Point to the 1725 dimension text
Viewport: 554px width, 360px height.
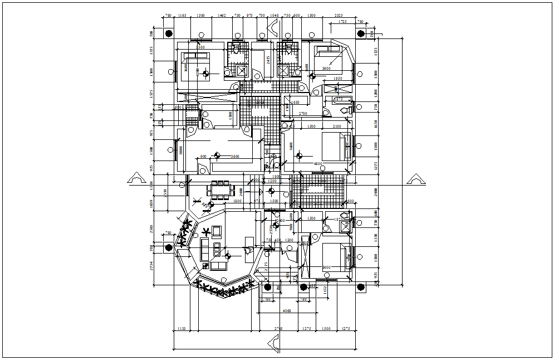point(342,22)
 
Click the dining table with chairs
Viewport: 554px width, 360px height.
point(221,190)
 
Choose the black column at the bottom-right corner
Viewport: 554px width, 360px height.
point(360,287)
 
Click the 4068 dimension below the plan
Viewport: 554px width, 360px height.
point(287,310)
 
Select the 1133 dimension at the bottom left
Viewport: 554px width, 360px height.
point(182,329)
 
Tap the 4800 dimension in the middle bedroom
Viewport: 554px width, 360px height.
point(318,164)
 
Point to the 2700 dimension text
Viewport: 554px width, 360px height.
point(303,114)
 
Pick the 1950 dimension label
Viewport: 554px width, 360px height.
point(337,79)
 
